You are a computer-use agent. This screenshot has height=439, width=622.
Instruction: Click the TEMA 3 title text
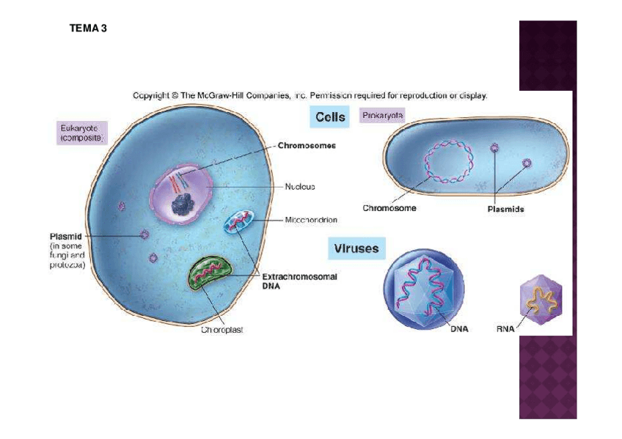[x=89, y=29]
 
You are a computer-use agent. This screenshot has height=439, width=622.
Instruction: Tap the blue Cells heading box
[x=330, y=117]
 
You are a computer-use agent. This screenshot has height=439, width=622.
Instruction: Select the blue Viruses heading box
[x=356, y=248]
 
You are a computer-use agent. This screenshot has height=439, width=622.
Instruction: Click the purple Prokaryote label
[x=383, y=115]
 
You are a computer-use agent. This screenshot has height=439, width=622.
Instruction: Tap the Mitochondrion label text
[x=311, y=219]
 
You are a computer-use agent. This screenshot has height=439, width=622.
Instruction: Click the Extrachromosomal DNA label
[x=299, y=281]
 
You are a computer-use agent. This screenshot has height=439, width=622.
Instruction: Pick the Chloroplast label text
[x=222, y=330]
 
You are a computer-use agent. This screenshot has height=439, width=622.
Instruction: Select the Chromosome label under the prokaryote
[x=389, y=208]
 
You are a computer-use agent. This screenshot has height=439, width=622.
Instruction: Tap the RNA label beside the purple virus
[x=505, y=329]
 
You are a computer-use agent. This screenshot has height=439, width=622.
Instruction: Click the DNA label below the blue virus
[x=459, y=329]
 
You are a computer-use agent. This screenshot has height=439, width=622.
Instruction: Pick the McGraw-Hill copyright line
[x=310, y=95]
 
